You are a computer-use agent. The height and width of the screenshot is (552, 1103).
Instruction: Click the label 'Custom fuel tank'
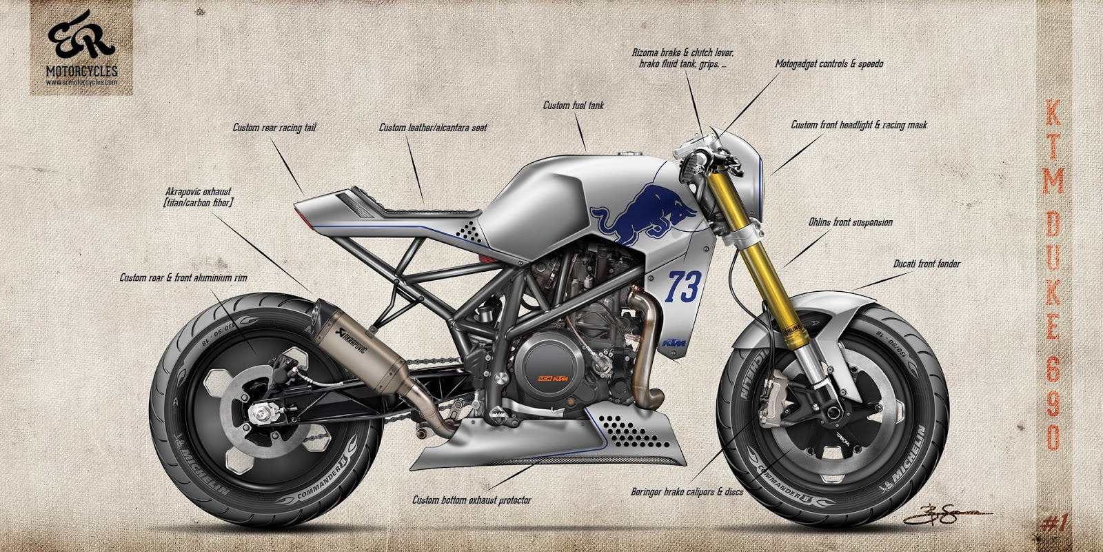tap(573, 106)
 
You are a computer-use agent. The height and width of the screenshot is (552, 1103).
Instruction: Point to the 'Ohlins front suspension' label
tap(850, 223)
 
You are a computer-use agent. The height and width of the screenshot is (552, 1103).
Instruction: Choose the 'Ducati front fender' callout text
tap(927, 264)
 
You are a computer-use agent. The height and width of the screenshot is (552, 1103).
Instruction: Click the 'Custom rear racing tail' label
tap(274, 128)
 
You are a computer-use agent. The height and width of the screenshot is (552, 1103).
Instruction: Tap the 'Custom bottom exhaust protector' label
tap(472, 500)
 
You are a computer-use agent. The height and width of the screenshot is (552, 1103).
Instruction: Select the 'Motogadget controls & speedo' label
tap(829, 63)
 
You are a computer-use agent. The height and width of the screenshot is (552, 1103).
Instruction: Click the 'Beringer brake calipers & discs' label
tap(691, 493)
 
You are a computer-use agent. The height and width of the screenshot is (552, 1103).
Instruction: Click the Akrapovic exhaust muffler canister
tap(358, 345)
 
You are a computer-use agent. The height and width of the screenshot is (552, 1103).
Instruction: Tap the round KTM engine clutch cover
tap(551, 373)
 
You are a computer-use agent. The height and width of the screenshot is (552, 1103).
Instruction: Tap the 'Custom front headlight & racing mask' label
tap(858, 126)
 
